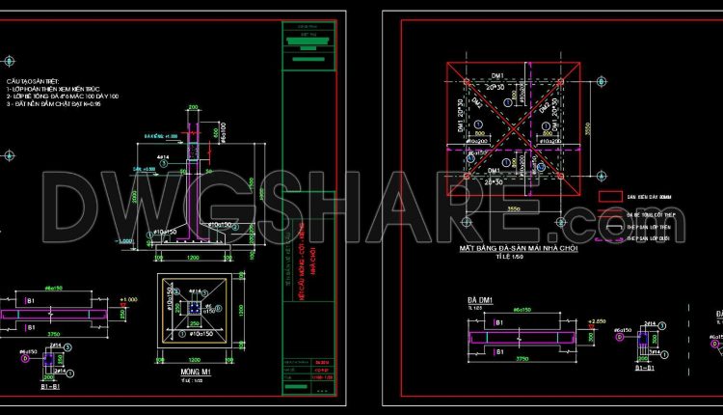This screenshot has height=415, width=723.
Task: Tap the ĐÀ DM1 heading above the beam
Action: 480,299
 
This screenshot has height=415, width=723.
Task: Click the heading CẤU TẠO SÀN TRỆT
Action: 35,82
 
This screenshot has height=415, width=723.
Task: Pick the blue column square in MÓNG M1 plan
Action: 194,307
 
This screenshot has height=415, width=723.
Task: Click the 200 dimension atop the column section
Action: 193,107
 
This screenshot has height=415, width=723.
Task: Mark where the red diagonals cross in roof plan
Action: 511,124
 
